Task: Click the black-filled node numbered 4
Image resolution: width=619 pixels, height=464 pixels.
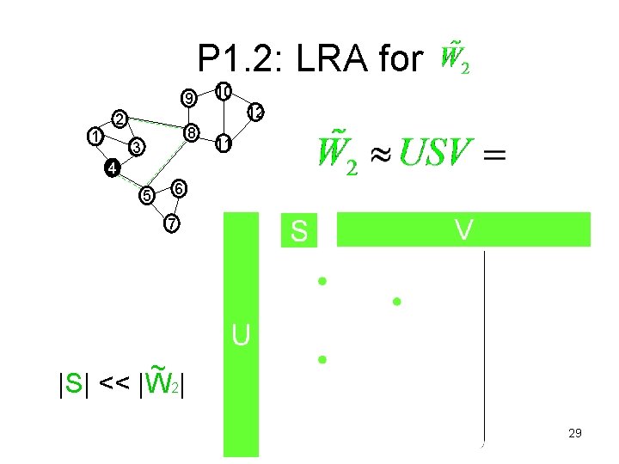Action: tap(111, 168)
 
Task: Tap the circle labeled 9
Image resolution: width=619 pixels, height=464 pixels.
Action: tap(188, 97)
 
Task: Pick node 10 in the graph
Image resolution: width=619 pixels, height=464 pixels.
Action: tap(223, 91)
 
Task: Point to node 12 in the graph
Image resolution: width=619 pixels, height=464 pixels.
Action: tap(255, 112)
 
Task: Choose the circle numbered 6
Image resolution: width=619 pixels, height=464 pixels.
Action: tap(178, 187)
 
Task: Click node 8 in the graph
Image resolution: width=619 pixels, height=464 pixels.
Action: tap(192, 132)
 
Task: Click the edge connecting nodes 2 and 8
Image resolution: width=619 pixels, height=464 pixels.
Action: tap(156, 124)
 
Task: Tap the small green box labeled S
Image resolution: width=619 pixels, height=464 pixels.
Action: tap(299, 231)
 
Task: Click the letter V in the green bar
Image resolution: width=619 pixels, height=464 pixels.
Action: tap(463, 229)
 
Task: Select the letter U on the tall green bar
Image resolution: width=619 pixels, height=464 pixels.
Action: tap(241, 335)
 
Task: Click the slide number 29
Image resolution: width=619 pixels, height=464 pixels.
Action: tap(575, 434)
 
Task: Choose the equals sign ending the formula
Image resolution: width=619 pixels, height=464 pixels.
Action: tap(494, 156)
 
